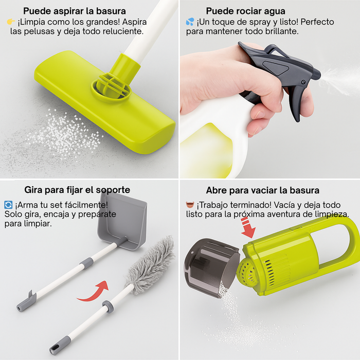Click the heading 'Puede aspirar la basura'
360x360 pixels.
pos(75,11)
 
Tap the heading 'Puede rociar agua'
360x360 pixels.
pos(245,11)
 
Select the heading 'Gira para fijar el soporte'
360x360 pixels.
pos(77,190)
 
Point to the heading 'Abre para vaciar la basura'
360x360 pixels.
pos(262,190)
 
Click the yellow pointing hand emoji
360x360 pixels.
pos(11,22)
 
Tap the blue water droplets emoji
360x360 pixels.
pos(190,22)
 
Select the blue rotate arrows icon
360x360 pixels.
pos(8,205)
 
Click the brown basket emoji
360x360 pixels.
pos(190,205)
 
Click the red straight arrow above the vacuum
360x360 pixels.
pos(248,228)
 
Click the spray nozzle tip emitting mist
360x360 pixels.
pos(317,75)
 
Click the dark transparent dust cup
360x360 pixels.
pos(211,267)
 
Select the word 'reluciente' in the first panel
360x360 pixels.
pos(123,31)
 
